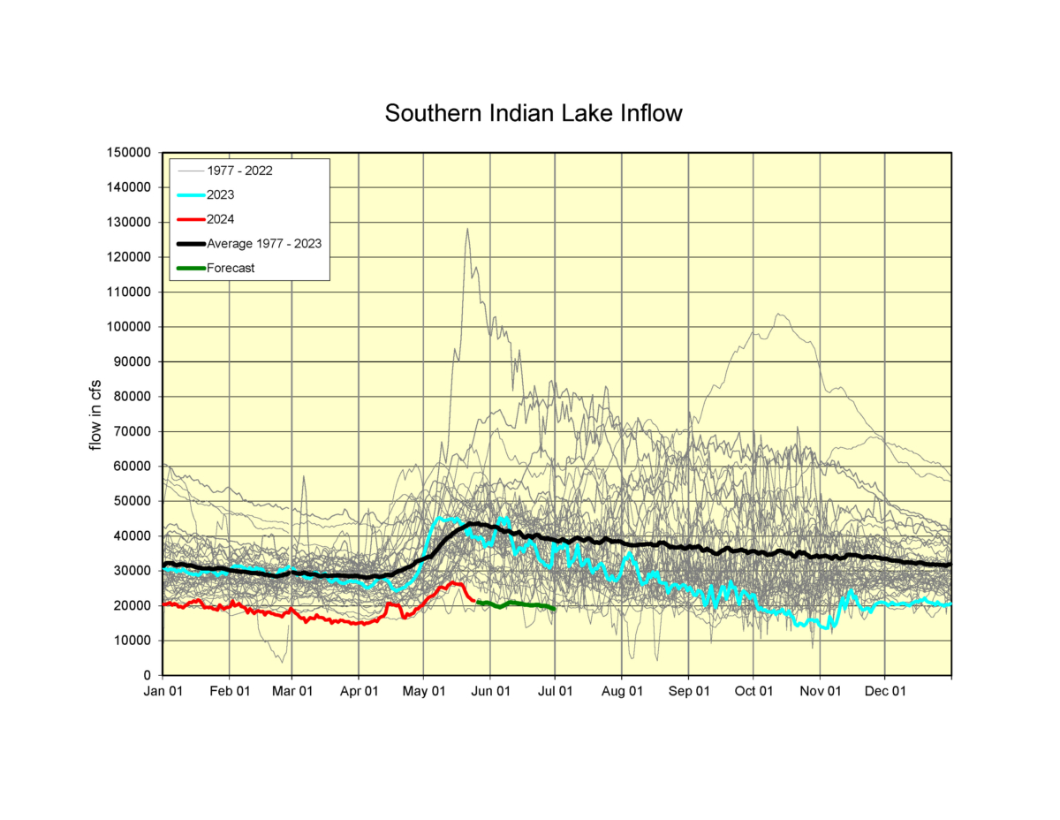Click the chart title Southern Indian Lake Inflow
tap(534, 114)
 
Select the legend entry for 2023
tap(222, 194)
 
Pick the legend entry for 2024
tap(222, 218)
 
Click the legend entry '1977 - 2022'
tap(239, 170)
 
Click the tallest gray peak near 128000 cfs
tap(467, 229)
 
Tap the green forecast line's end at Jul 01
tap(554, 609)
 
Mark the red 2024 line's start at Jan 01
tap(164, 604)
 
